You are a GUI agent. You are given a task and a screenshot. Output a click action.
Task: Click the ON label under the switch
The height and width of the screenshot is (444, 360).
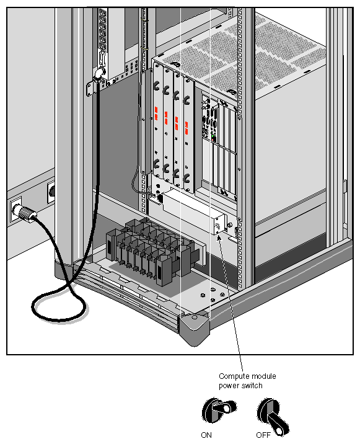click(x=207, y=435)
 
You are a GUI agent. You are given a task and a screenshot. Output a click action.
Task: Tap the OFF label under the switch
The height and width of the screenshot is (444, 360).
click(x=263, y=435)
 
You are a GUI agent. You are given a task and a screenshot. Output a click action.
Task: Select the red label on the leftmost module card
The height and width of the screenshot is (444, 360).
click(x=157, y=113)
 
